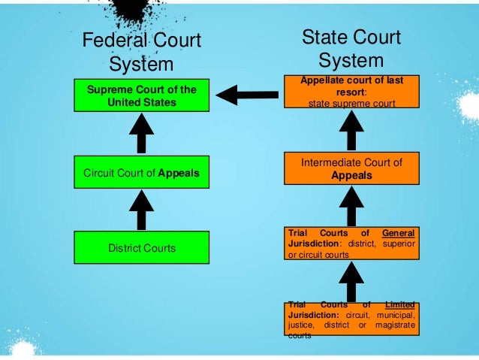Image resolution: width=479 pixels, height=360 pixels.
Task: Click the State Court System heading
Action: click(351, 48)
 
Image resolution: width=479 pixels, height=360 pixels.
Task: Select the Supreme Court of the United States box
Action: click(142, 96)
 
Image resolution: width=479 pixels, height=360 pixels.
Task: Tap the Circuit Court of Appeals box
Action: click(142, 173)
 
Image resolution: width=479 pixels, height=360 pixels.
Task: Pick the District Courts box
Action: click(142, 247)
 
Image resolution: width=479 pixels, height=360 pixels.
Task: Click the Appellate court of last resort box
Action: click(351, 91)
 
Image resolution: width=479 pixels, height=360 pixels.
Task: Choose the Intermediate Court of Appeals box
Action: click(351, 168)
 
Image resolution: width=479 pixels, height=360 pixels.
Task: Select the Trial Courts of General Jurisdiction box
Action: click(351, 244)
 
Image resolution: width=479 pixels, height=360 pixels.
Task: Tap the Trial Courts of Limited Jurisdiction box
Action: click(351, 320)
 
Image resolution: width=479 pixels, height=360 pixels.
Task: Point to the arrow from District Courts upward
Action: click(142, 210)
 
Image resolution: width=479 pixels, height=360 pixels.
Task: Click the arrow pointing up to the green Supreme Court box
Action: click(142, 135)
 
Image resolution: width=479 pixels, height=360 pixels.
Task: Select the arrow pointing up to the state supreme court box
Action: click(351, 131)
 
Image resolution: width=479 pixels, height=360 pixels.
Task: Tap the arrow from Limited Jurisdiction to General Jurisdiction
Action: click(351, 282)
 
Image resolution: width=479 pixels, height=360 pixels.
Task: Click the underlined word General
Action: click(399, 233)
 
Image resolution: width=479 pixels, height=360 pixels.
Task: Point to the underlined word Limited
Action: click(399, 304)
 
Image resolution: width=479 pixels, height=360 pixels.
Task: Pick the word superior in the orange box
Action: click(399, 244)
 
